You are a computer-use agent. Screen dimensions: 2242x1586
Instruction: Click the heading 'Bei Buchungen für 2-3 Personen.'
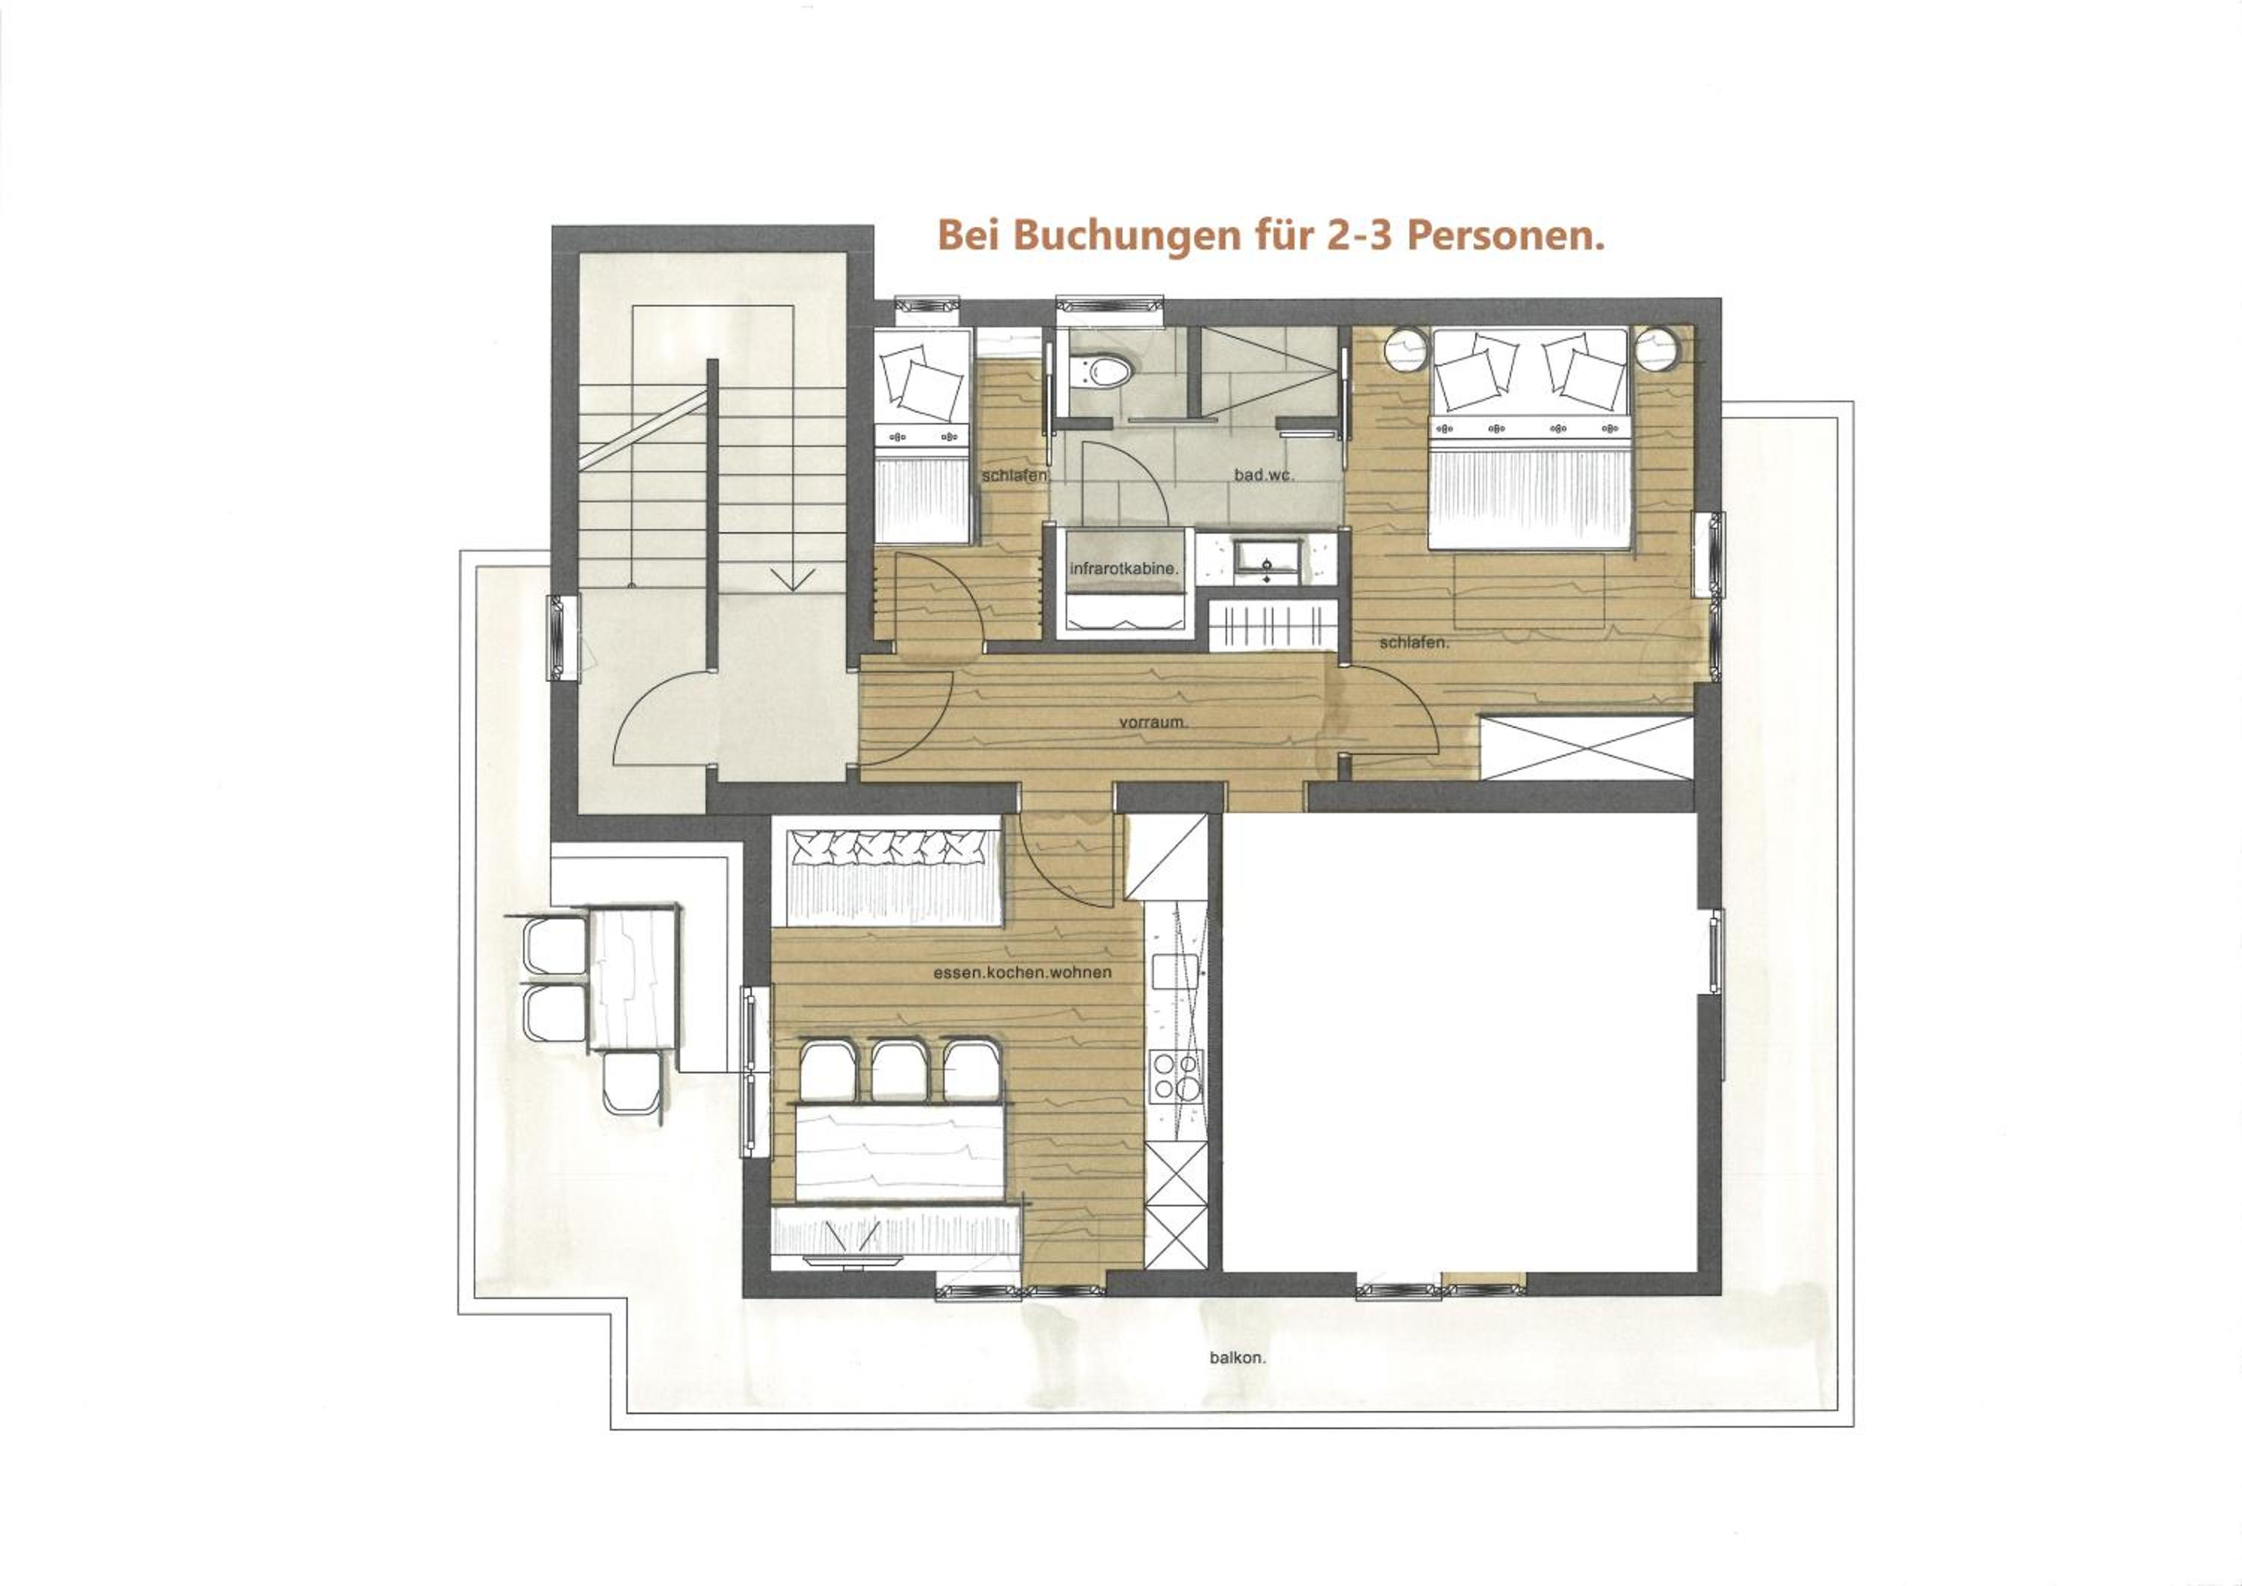point(1271,236)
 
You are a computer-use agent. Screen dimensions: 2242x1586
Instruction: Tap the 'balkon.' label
point(1237,1357)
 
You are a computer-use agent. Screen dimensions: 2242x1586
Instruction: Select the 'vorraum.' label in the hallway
point(1153,723)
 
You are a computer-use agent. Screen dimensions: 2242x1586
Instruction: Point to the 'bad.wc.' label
point(1264,475)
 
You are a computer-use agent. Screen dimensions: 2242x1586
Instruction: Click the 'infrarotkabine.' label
point(1124,568)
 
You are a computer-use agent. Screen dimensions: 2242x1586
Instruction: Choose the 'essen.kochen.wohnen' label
point(1022,972)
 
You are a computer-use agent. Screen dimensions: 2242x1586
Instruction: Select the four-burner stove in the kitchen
point(1176,1076)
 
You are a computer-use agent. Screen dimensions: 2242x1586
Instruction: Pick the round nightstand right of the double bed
point(1658,350)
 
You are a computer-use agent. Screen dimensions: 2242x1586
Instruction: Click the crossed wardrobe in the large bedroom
point(1587,748)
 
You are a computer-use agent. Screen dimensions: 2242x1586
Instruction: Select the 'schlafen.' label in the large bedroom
point(1414,644)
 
